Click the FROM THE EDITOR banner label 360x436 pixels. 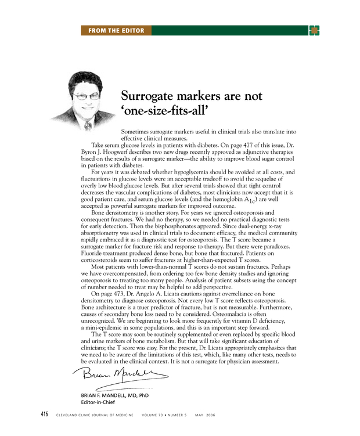pos(116,30)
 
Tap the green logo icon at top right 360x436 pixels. pos(314,30)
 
